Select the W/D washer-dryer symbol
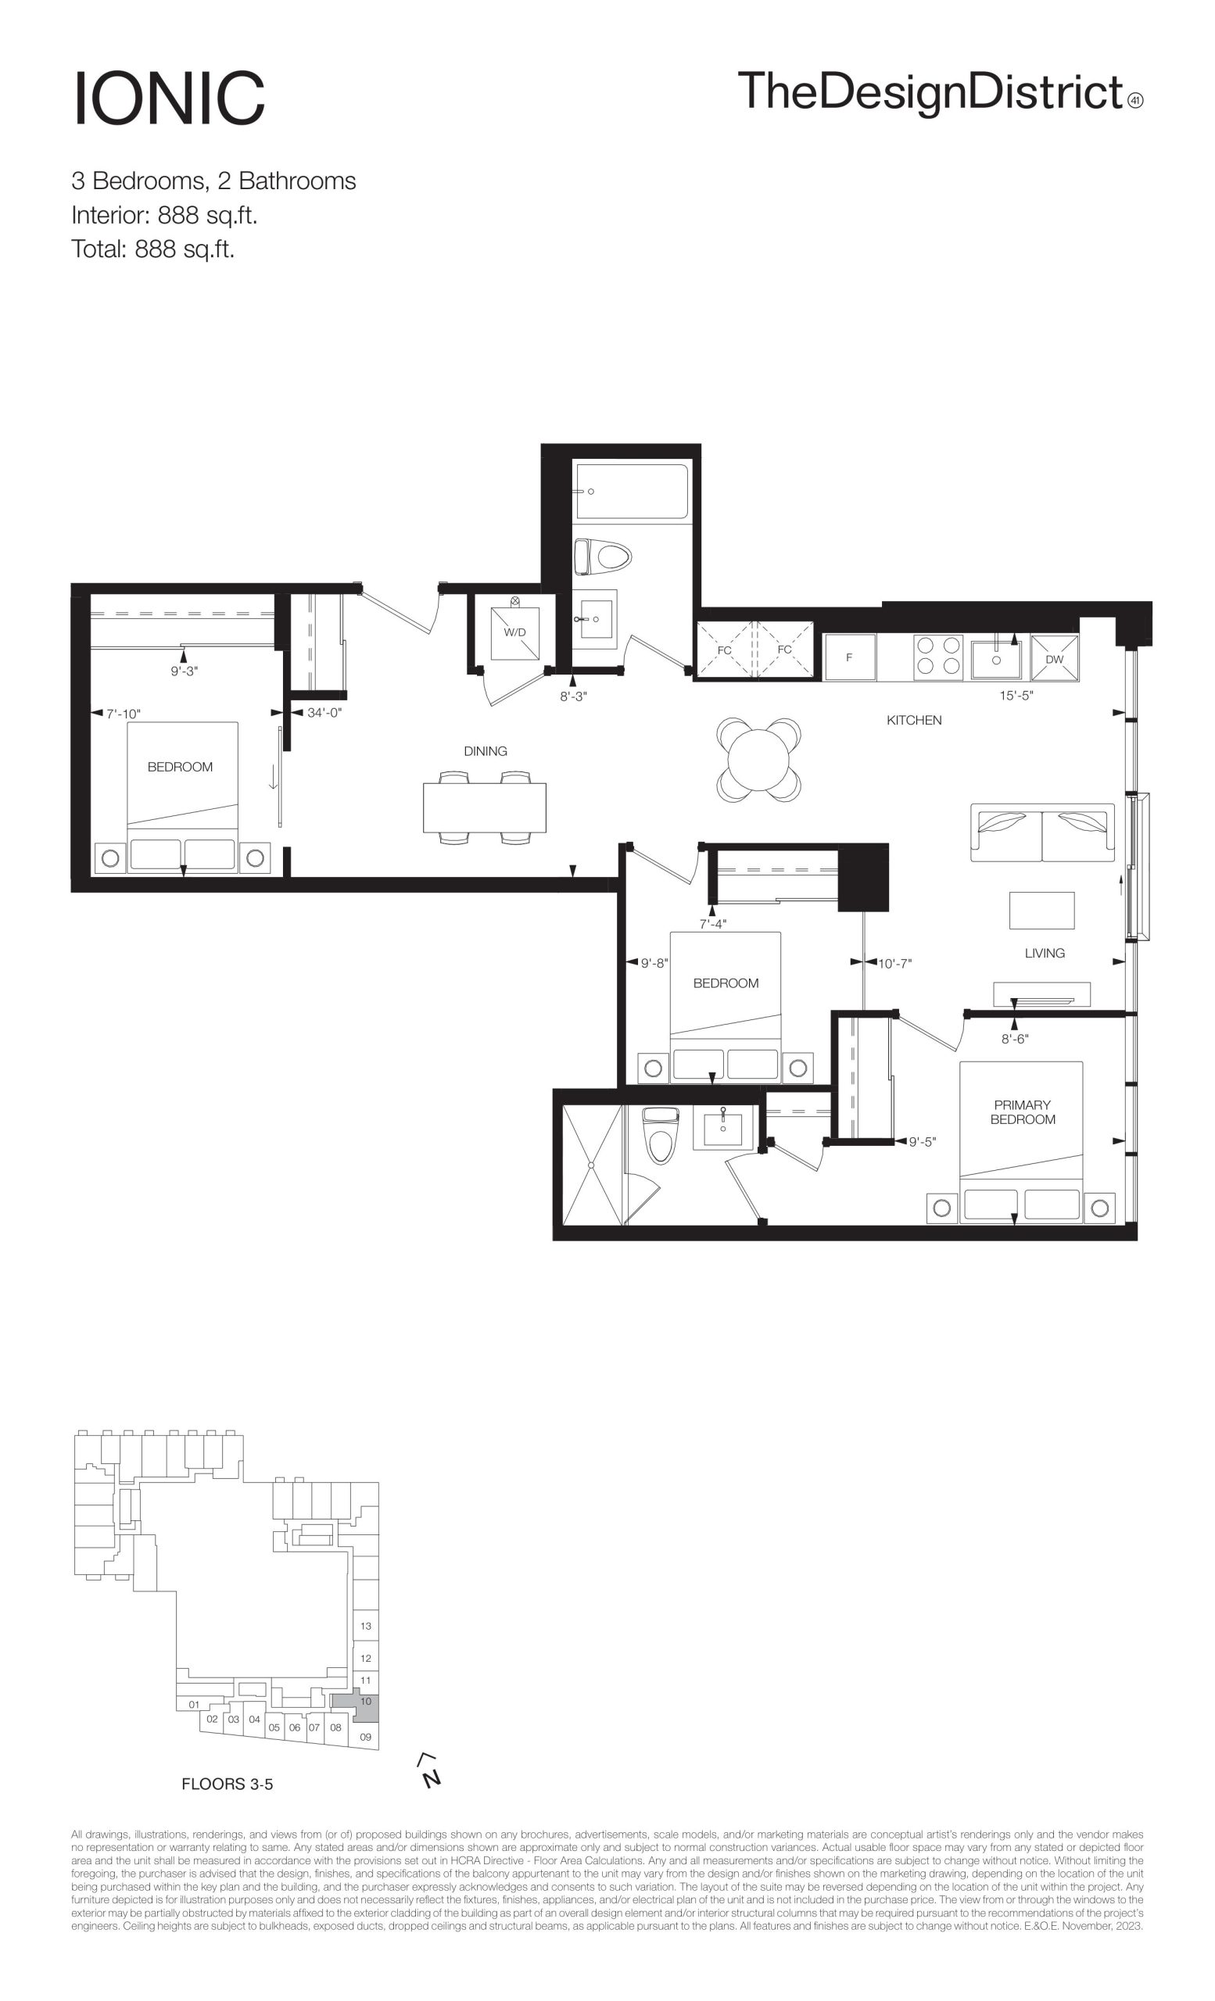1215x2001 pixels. [x=515, y=632]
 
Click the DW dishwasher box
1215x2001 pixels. [x=1054, y=658]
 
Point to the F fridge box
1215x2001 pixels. [x=850, y=657]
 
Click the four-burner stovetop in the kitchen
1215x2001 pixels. [x=938, y=657]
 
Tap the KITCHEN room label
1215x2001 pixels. [x=914, y=721]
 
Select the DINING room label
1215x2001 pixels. [x=486, y=751]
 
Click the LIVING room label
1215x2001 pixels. [x=1045, y=954]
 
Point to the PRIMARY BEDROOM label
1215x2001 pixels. [x=1023, y=1111]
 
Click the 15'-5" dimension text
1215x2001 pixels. [x=1016, y=696]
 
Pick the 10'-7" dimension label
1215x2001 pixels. [x=895, y=964]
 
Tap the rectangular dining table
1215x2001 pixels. [x=485, y=808]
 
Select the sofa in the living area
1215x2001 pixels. [x=1043, y=832]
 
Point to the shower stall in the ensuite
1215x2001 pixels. [x=591, y=1165]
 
